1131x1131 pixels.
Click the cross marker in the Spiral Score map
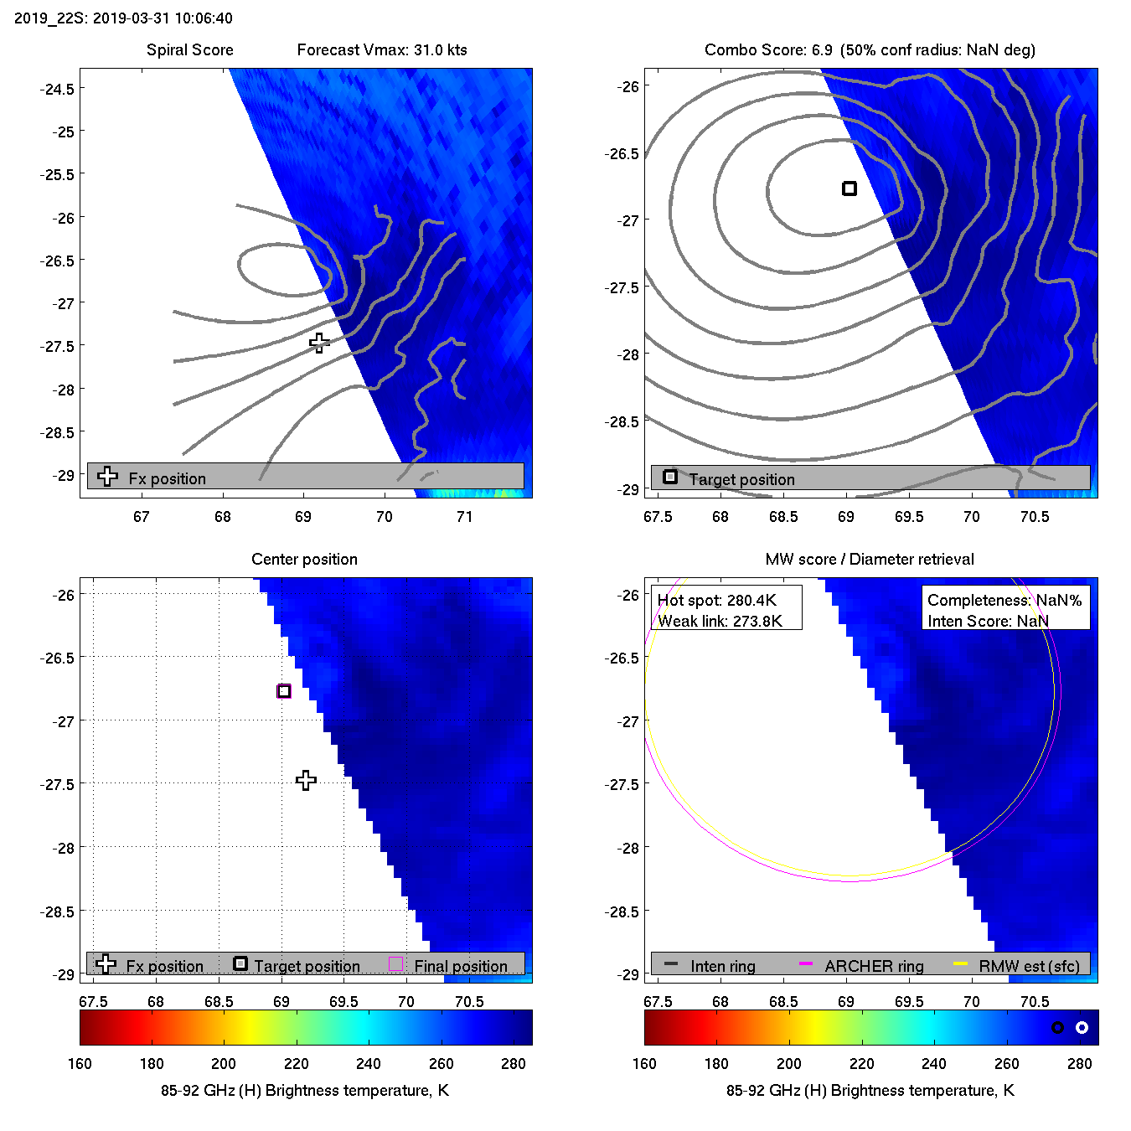click(319, 343)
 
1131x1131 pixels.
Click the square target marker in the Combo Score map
click(850, 188)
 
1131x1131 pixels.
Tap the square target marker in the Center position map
click(284, 691)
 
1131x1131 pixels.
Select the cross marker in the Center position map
click(306, 781)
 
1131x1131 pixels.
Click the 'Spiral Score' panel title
click(189, 50)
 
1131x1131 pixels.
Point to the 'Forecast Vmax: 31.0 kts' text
click(382, 50)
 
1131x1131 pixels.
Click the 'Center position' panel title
click(304, 560)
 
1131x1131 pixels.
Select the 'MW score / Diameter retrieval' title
click(870, 560)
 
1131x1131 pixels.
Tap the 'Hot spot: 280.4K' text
click(717, 600)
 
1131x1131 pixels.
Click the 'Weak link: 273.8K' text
click(720, 621)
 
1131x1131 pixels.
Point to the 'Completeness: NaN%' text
click(1004, 600)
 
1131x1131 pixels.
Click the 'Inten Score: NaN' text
click(988, 621)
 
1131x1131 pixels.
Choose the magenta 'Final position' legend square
click(396, 964)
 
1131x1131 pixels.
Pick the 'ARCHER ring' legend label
click(874, 966)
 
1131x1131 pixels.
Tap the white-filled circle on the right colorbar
click(1082, 1027)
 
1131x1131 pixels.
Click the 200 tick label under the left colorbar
click(224, 1064)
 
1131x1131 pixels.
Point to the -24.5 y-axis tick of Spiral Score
click(57, 89)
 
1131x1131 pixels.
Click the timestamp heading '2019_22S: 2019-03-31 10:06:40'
click(124, 18)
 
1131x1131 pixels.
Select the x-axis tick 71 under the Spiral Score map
click(465, 517)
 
